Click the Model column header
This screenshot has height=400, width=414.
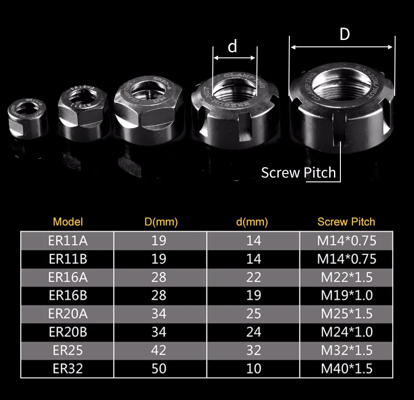68,222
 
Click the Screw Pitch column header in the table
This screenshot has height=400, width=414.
346,222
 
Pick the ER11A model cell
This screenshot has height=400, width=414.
68,240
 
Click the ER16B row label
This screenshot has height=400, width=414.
68,295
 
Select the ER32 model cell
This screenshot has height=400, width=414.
68,368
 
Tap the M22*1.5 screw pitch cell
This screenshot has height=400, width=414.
346,277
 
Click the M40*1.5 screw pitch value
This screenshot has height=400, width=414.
346,368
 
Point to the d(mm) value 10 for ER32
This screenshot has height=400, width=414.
253,368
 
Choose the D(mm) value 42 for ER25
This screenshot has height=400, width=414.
159,350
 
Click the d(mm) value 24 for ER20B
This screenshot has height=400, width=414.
253,332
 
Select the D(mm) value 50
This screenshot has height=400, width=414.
159,368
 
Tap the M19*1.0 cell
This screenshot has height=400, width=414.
346,295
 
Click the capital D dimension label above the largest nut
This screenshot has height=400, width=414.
345,34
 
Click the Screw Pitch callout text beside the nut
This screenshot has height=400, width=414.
299,173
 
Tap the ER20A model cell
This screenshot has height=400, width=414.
68,314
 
